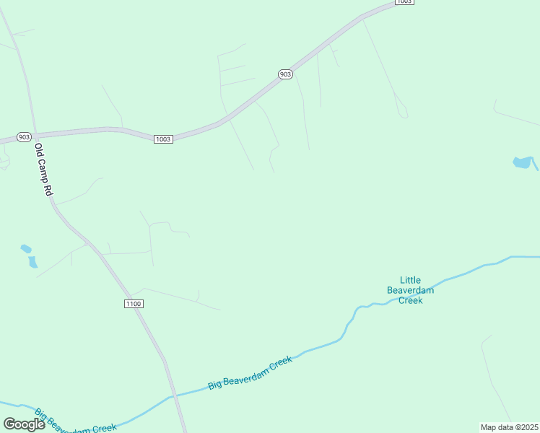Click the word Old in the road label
(x=39, y=151)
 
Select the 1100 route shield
(x=133, y=304)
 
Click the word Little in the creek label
(x=410, y=280)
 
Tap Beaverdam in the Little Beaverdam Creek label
(x=410, y=290)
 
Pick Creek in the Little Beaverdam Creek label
(x=410, y=300)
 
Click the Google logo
(x=24, y=424)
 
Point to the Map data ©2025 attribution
(x=509, y=427)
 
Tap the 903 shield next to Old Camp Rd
(x=25, y=137)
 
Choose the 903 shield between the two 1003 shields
(x=285, y=74)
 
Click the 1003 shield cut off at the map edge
(x=404, y=2)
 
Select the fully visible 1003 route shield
(x=163, y=139)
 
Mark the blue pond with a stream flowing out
(x=522, y=162)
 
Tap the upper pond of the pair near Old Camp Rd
(x=26, y=249)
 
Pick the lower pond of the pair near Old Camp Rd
(x=32, y=262)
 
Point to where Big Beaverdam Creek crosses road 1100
(x=173, y=396)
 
